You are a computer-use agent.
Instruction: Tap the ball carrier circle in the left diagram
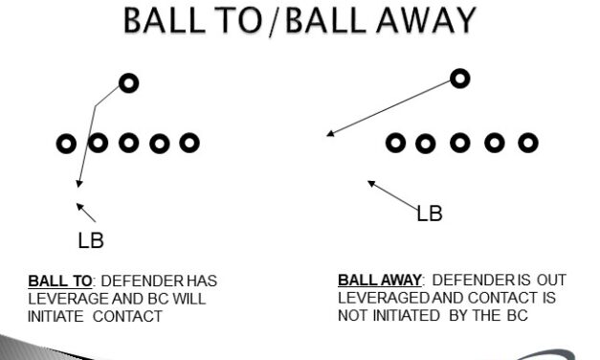[129, 83]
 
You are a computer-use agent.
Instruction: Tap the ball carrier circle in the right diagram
[460, 79]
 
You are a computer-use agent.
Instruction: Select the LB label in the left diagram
[91, 240]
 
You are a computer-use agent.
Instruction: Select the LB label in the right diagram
[430, 214]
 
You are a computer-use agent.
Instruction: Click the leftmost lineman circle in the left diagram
[66, 144]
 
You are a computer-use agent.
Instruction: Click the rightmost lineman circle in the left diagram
[190, 144]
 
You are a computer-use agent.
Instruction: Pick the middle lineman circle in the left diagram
[128, 144]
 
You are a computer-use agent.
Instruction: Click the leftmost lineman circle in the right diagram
[394, 144]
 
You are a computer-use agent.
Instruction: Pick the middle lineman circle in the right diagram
[460, 144]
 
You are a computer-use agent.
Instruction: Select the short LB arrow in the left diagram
[87, 212]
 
